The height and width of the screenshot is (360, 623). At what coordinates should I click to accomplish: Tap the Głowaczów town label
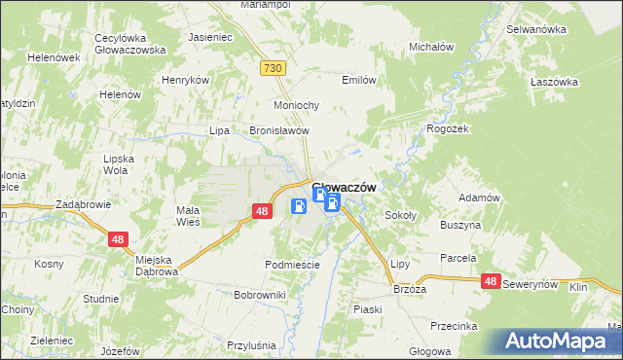344,188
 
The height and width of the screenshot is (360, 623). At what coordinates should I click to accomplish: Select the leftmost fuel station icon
299,206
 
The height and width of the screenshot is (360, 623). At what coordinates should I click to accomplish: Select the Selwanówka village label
536,29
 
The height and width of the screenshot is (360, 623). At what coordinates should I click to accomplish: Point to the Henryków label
186,80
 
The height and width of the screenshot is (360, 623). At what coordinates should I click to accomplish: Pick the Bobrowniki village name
259,294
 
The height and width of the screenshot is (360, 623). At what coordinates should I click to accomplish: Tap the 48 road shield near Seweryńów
491,281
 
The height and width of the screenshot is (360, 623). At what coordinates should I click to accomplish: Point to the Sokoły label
401,215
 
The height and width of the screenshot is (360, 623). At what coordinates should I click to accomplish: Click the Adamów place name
479,198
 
